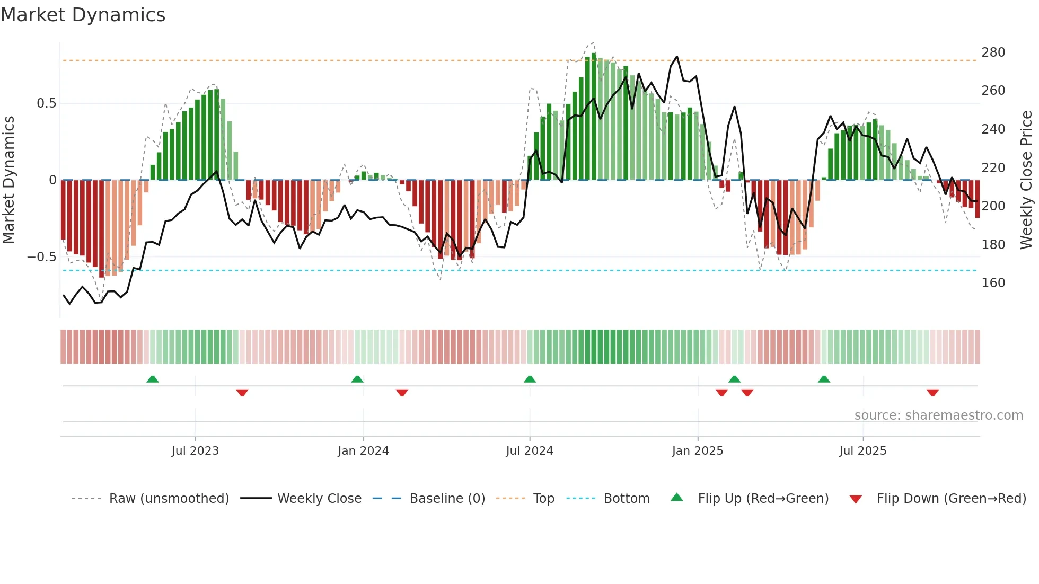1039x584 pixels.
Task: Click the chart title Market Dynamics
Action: (x=83, y=15)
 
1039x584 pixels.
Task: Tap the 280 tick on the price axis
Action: (x=993, y=52)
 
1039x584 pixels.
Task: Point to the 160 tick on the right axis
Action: (x=993, y=283)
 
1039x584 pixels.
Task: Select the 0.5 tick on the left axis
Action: (x=47, y=103)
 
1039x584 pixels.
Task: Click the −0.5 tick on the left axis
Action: (x=42, y=257)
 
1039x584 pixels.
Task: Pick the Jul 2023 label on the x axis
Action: (x=195, y=451)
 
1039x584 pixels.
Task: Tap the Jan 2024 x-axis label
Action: (x=363, y=451)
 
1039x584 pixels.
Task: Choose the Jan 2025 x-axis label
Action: (x=697, y=451)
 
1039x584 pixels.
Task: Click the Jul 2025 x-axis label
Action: (x=862, y=451)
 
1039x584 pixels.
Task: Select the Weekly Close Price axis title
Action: (x=1026, y=180)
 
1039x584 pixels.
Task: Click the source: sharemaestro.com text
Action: (x=938, y=415)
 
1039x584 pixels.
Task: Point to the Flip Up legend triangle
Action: (x=677, y=498)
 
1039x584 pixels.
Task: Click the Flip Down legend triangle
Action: (x=856, y=499)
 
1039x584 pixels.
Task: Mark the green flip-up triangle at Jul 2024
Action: (x=530, y=379)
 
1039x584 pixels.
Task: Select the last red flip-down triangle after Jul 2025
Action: (x=932, y=393)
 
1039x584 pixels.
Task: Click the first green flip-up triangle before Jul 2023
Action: (x=153, y=379)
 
